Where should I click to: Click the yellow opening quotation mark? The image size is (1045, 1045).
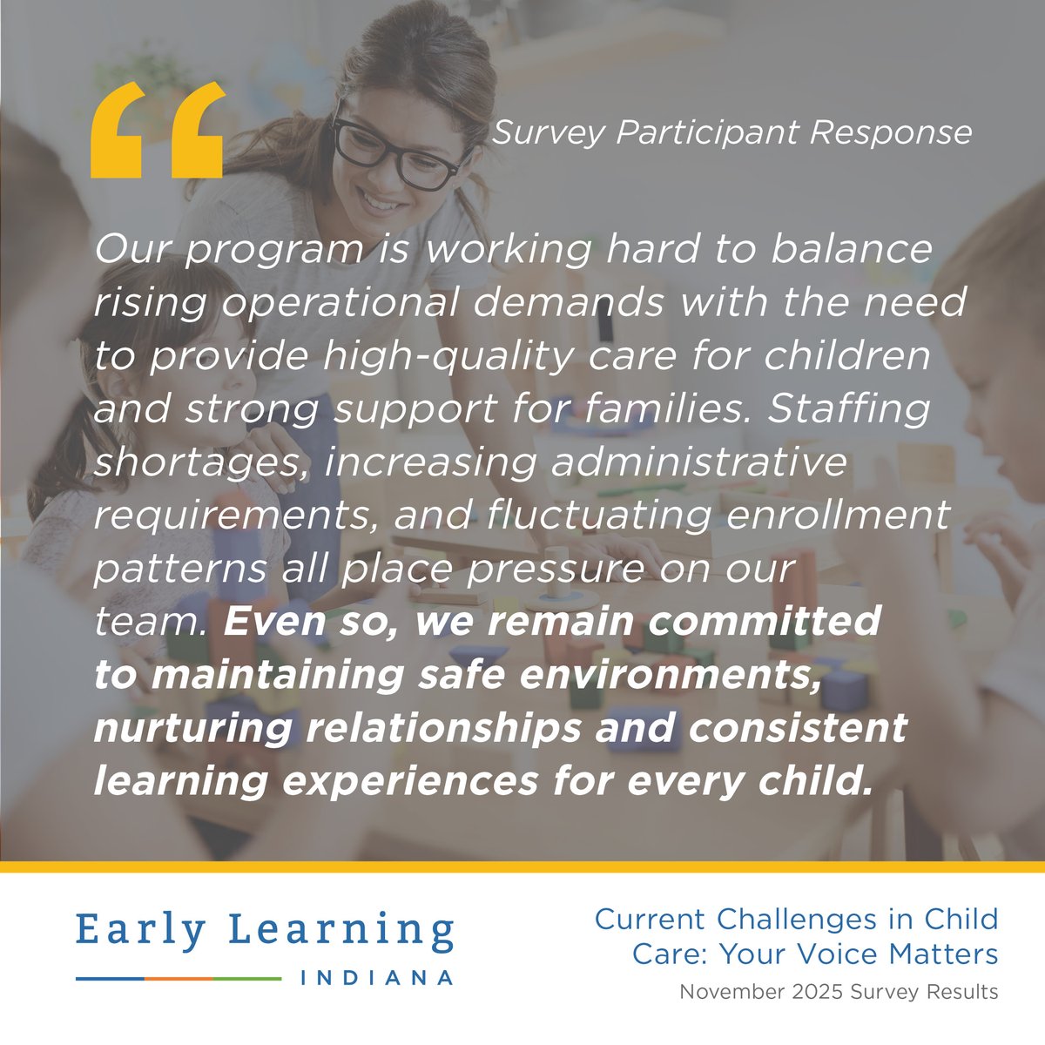pyautogui.click(x=157, y=131)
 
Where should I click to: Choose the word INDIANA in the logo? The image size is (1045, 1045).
pyautogui.click(x=376, y=978)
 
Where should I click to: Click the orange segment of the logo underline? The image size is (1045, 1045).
pyautogui.click(x=179, y=979)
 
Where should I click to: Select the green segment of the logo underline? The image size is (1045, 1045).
pyautogui.click(x=247, y=979)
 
